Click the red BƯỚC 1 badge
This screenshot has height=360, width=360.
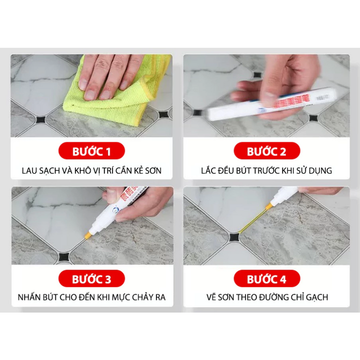[x=91, y=150]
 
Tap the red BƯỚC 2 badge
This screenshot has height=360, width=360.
[x=266, y=150]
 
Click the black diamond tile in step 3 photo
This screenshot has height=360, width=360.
[x=64, y=257]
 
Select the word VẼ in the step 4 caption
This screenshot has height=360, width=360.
[x=212, y=297]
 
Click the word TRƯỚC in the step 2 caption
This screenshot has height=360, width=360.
[x=273, y=170]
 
